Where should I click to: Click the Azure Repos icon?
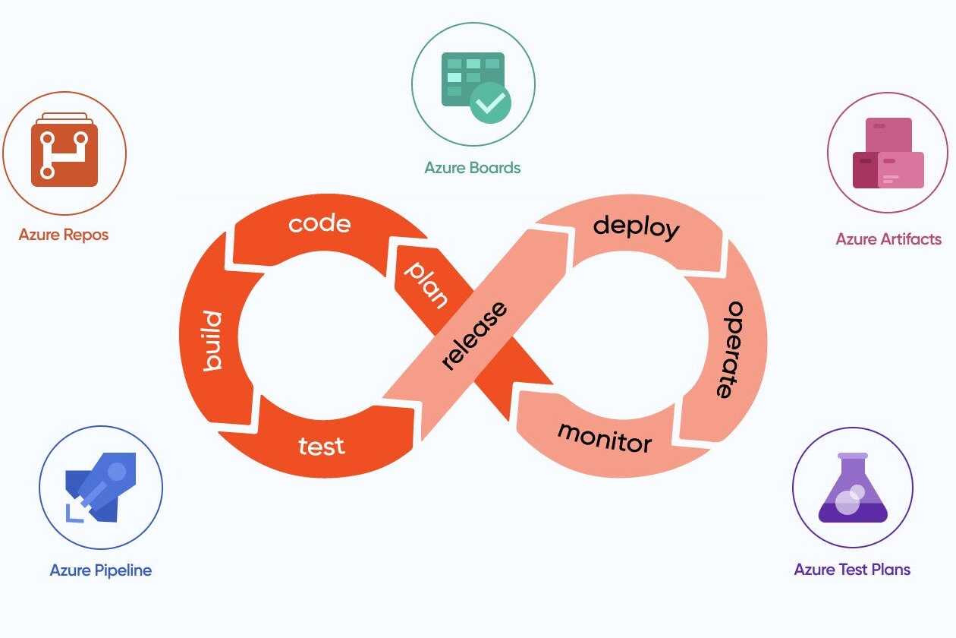(x=64, y=153)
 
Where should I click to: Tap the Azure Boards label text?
(x=473, y=168)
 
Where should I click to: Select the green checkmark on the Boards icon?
(x=490, y=103)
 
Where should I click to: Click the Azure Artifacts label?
(x=888, y=239)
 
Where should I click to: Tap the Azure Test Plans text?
(x=852, y=570)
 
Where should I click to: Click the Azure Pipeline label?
(x=101, y=570)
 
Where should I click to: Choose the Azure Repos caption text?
(x=64, y=235)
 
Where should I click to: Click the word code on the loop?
(x=319, y=224)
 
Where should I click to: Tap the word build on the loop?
(x=212, y=341)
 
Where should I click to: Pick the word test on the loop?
(x=322, y=446)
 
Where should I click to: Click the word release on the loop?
(x=474, y=336)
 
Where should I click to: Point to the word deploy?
(x=636, y=227)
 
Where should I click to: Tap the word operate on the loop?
(x=728, y=350)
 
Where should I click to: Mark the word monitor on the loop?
(x=605, y=437)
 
